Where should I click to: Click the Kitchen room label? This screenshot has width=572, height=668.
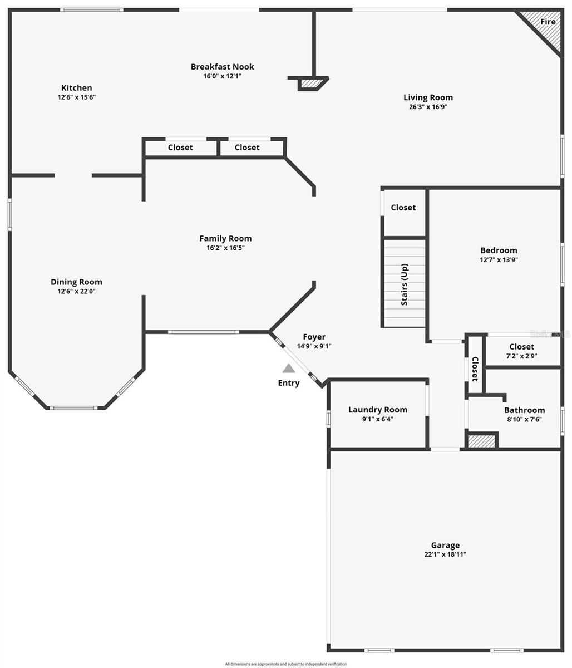(77, 88)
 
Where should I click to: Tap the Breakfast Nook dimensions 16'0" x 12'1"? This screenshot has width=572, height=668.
(222, 76)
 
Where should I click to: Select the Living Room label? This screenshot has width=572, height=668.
(428, 97)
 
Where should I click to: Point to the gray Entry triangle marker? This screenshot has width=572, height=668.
(288, 368)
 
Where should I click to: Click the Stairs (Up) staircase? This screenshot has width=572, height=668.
(405, 283)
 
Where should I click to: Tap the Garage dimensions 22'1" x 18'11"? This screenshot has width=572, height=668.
(445, 554)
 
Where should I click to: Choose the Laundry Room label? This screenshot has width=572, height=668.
(378, 410)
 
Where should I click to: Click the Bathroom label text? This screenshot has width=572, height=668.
(524, 410)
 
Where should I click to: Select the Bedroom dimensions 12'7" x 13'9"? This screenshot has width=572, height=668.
(499, 259)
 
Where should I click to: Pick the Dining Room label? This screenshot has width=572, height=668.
(76, 282)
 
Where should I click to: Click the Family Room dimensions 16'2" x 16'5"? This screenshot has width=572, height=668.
(225, 248)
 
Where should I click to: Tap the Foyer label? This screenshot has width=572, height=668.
(314, 337)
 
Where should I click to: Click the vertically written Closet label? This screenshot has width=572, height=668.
(475, 369)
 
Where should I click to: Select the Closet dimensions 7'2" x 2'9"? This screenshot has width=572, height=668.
(521, 356)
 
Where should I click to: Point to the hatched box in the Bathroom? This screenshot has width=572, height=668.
(481, 441)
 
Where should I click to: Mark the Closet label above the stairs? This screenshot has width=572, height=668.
(403, 208)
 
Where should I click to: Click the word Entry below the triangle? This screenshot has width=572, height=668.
(289, 383)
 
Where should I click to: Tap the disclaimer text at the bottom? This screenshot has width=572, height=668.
(286, 664)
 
